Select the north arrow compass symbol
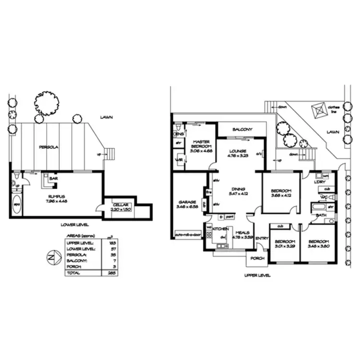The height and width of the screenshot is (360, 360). click(x=51, y=257)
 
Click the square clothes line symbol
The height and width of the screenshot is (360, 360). click(x=317, y=110)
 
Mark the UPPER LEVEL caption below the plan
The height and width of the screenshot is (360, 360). click(x=257, y=276)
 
